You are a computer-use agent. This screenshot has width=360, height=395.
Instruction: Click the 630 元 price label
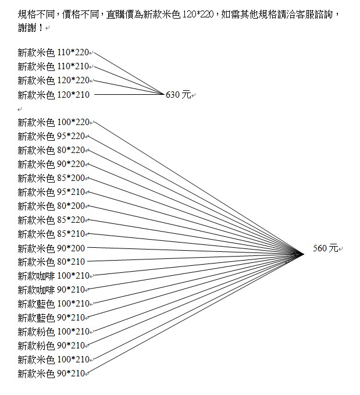point(178,95)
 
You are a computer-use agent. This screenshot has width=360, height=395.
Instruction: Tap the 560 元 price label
point(325,248)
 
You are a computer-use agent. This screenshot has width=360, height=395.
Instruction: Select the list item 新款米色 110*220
point(54,53)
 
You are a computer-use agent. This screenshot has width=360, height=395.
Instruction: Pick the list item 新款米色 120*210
point(54,95)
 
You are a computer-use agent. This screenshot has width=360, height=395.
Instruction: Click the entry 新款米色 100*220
point(54,122)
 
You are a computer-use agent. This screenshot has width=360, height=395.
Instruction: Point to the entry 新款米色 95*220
point(51,136)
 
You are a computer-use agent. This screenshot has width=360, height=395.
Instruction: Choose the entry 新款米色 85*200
point(51,178)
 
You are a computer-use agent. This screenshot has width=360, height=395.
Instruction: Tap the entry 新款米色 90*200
point(51,248)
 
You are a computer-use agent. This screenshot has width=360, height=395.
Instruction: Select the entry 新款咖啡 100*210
point(54,276)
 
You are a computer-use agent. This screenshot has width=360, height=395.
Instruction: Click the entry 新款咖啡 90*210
point(51,290)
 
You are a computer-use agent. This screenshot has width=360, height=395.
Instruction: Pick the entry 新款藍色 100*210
point(54,304)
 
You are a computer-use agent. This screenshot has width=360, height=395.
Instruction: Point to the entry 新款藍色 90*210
point(51,318)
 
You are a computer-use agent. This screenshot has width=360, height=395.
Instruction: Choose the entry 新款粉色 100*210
point(54,332)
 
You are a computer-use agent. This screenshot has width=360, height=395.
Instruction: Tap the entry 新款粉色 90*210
point(51,346)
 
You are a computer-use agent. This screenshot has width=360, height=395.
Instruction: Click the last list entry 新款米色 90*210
point(51,373)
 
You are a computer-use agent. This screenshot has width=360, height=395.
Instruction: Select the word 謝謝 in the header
point(27,28)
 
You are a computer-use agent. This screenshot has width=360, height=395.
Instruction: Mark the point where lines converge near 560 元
point(304,254)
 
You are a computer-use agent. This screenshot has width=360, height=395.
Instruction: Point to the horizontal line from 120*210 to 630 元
point(129,94)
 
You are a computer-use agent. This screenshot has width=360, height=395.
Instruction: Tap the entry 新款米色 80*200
point(51,206)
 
